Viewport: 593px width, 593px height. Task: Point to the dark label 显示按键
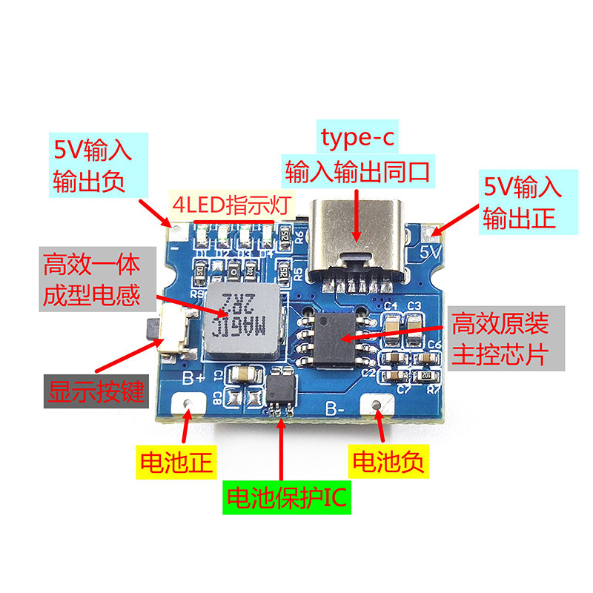(94, 391)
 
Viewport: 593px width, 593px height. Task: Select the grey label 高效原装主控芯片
(501, 338)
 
